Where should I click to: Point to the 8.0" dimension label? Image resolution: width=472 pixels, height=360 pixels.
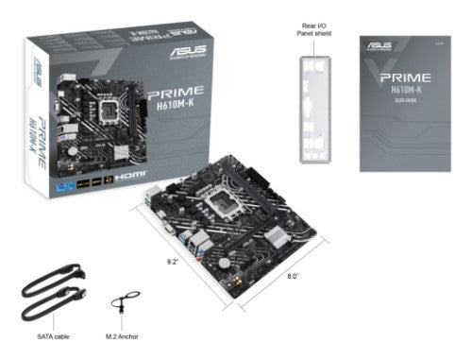tap(293, 276)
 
